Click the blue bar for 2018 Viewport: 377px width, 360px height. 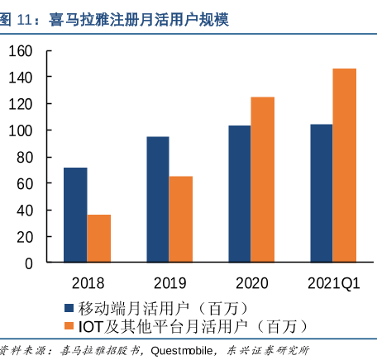click(x=75, y=215)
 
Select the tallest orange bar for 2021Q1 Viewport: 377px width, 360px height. click(x=345, y=165)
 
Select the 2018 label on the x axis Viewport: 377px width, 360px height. click(x=88, y=283)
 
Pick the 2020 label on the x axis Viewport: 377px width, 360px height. click(x=252, y=283)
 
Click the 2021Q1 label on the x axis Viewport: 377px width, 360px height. click(x=334, y=283)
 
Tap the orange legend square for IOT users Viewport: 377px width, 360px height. click(x=70, y=327)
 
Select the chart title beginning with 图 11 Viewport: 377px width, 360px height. click(x=115, y=17)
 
